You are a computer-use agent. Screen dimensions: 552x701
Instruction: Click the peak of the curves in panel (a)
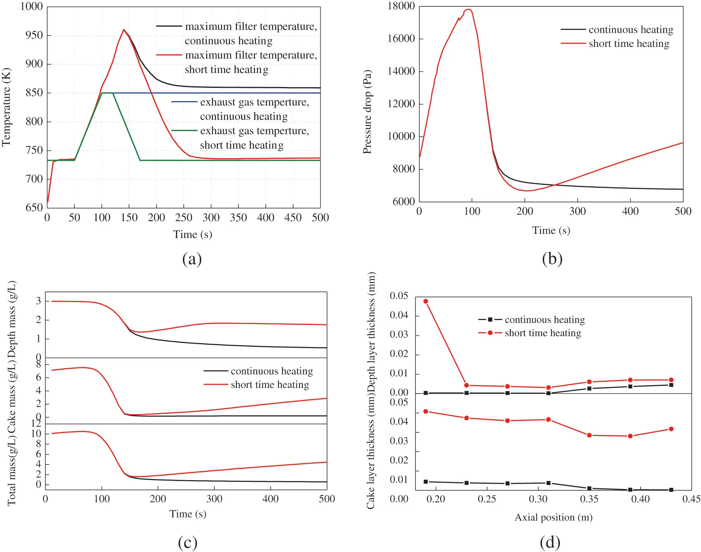(124, 30)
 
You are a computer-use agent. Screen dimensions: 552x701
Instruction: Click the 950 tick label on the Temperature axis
(34, 35)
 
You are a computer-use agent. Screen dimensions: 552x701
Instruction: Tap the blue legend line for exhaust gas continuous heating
(184, 102)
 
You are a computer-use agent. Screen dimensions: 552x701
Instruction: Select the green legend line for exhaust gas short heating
(184, 131)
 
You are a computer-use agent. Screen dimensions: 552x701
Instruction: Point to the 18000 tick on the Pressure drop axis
(401, 6)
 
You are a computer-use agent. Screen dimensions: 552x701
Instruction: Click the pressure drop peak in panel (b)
(468, 10)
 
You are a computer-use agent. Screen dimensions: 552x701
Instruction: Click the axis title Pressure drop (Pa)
(367, 112)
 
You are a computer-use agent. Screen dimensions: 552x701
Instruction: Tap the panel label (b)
(552, 259)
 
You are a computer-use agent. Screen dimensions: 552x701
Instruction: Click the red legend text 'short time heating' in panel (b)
(628, 43)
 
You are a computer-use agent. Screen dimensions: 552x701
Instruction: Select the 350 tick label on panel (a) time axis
(238, 217)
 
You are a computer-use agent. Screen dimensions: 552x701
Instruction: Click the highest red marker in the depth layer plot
(425, 301)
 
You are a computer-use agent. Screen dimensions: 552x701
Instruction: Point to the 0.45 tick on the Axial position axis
(691, 499)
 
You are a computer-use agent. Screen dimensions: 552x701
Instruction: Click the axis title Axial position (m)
(553, 517)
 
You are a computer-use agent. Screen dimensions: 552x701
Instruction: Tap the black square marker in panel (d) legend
(490, 320)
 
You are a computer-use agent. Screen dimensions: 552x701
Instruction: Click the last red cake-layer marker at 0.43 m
(671, 429)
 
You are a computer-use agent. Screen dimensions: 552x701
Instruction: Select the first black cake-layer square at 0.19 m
(425, 482)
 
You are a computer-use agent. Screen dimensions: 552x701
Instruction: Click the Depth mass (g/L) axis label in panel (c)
(12, 319)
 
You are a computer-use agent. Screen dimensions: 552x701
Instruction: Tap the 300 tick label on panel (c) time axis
(214, 499)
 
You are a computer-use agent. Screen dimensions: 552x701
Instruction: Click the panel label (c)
(187, 542)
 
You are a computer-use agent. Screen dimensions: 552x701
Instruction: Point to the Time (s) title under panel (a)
(192, 234)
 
